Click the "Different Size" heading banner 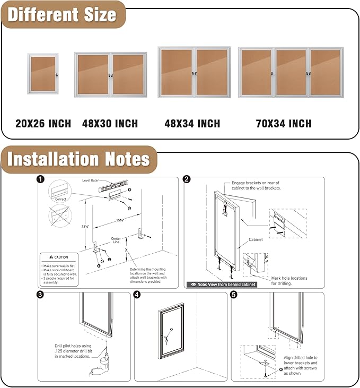tap(62, 14)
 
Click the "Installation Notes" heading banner tap(78, 159)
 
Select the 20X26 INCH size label tap(43, 124)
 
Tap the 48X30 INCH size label tap(110, 124)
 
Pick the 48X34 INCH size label tap(192, 124)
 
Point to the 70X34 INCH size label tap(284, 124)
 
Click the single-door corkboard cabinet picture tap(43, 74)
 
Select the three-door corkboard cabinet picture tap(291, 72)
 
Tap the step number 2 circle tap(187, 179)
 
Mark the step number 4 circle tap(137, 295)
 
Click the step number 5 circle tap(234, 295)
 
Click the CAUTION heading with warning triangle tap(59, 257)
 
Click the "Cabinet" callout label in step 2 tap(256, 239)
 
